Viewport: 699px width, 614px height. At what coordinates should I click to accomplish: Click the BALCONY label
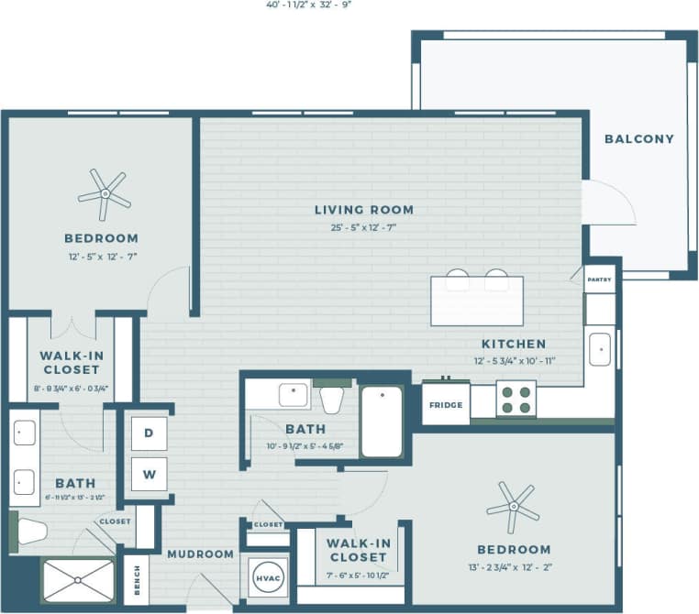[x=638, y=139]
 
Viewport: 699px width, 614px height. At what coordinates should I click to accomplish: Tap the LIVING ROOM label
[x=364, y=210]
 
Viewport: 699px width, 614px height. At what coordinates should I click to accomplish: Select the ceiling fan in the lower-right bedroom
[x=512, y=505]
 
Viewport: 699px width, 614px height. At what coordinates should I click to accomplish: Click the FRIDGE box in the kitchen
[x=446, y=403]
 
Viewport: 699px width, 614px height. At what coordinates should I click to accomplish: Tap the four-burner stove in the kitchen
[x=516, y=400]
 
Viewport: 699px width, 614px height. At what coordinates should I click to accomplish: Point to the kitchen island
[x=477, y=301]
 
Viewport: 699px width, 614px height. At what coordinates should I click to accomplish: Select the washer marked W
[x=149, y=474]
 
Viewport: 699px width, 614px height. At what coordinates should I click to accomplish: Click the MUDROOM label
[x=200, y=554]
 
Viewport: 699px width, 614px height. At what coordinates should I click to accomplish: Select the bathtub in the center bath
[x=382, y=422]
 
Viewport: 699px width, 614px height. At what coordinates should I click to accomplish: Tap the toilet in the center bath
[x=331, y=398]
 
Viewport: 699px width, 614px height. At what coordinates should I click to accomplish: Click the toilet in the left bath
[x=30, y=531]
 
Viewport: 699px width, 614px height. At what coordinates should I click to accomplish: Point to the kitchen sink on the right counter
[x=600, y=349]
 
